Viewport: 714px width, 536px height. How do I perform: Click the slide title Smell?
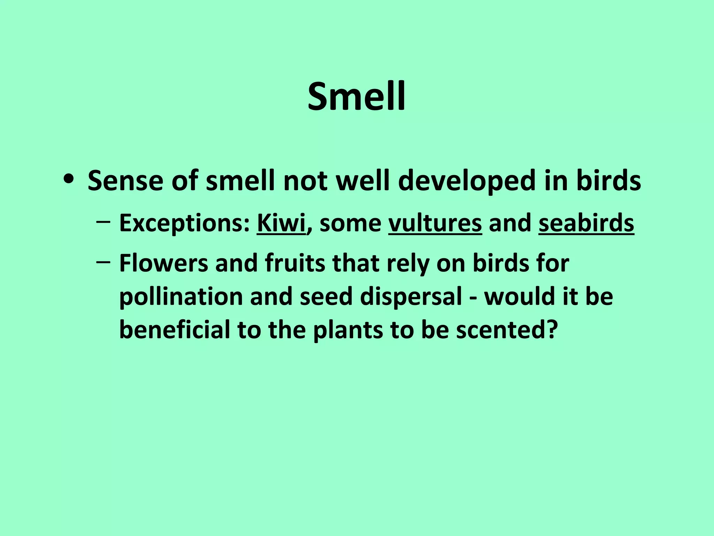pos(357,96)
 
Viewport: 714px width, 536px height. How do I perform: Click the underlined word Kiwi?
pos(281,223)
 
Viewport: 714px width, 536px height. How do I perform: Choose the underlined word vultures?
pos(435,223)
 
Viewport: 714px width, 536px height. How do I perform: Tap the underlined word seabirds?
pos(586,223)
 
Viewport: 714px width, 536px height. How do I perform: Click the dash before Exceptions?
pos(103,222)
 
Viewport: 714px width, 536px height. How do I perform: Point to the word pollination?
pos(181,297)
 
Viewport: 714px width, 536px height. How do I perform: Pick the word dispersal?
pos(411,297)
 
